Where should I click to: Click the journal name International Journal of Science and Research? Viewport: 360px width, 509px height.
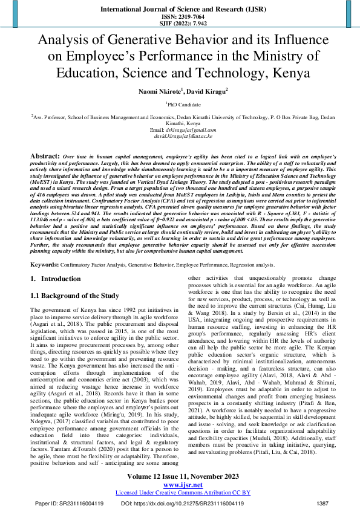pyautogui.click(x=180, y=10)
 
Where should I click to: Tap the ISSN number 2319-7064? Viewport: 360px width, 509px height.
pyautogui.click(x=180, y=18)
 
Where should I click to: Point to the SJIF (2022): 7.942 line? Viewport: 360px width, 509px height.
pyautogui.click(x=180, y=24)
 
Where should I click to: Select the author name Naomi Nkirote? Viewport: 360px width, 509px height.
pyautogui.click(x=151, y=91)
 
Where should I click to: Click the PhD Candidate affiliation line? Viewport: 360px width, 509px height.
pyautogui.click(x=180, y=105)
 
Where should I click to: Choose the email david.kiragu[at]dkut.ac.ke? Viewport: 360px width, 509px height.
pyautogui.click(x=180, y=137)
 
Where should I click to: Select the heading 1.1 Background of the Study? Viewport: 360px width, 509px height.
pyautogui.click(x=74, y=296)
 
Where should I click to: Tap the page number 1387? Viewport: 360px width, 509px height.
pyautogui.click(x=322, y=502)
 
